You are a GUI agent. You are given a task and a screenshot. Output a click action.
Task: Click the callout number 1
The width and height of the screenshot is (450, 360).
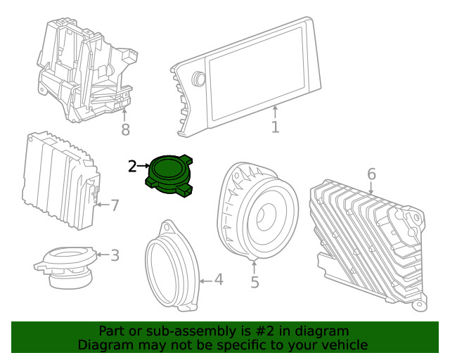tap(275, 127)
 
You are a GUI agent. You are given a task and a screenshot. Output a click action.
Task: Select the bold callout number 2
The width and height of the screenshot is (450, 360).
tap(132, 166)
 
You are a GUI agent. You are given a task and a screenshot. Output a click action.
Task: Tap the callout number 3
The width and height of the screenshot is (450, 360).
tap(115, 255)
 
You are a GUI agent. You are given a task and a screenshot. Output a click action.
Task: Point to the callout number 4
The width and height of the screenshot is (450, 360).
tap(219, 280)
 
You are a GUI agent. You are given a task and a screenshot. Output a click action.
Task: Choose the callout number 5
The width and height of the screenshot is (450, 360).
tap(255, 282)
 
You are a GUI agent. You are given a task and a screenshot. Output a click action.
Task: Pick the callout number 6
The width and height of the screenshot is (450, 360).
tap(371, 174)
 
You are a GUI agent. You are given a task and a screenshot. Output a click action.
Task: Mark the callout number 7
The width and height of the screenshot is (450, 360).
tap(115, 205)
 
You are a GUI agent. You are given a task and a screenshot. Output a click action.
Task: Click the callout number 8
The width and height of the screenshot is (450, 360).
tap(125, 129)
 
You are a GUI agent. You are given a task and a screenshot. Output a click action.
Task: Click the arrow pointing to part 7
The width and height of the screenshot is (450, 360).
tap(101, 205)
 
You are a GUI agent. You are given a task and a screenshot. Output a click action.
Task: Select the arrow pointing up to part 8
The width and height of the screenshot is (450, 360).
tap(125, 114)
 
